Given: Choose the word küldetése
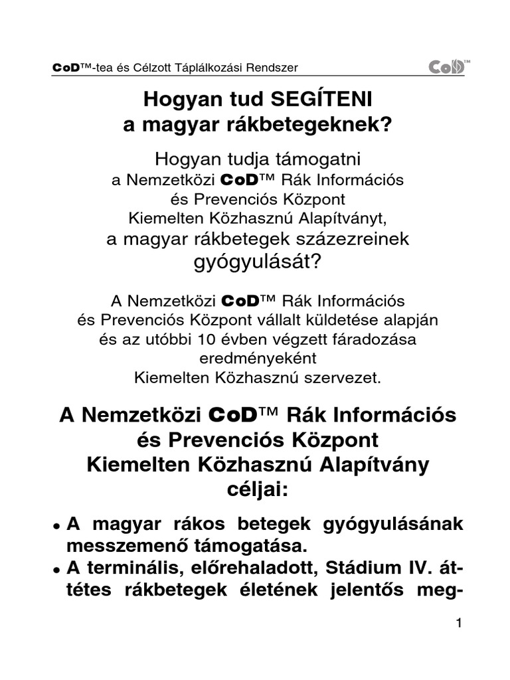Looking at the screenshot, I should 351,320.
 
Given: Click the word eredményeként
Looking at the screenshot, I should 255,359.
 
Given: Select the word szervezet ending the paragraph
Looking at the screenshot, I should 334,378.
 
